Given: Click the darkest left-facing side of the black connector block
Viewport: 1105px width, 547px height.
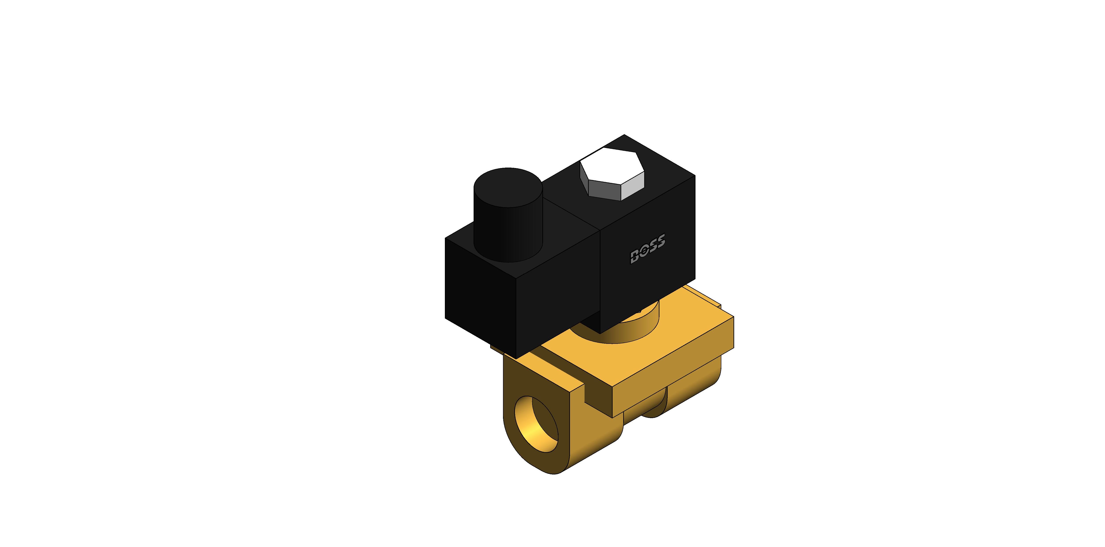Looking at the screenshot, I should pos(480,296).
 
